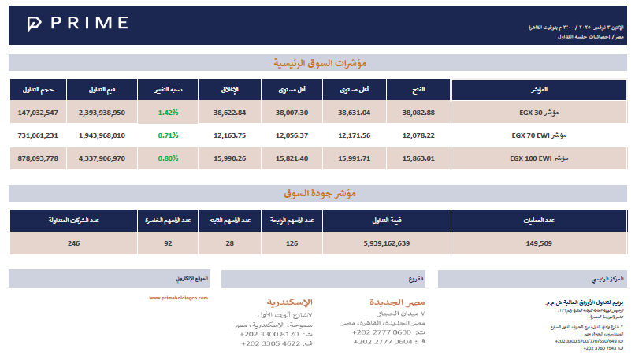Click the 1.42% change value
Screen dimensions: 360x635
pyautogui.click(x=168, y=113)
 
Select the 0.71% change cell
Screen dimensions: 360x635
pyautogui.click(x=168, y=135)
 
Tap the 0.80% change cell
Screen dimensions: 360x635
pyautogui.click(x=168, y=158)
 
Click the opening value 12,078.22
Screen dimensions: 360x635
pyautogui.click(x=418, y=135)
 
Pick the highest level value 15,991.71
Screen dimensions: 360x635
pyautogui.click(x=355, y=158)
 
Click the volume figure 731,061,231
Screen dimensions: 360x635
pyautogui.click(x=38, y=135)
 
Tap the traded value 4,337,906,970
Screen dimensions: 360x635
pyautogui.click(x=102, y=158)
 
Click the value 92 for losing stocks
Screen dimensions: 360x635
pyautogui.click(x=167, y=243)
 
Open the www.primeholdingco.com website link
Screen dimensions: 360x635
pyautogui.click(x=177, y=298)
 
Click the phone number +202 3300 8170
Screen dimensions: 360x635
pyautogui.click(x=268, y=334)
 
